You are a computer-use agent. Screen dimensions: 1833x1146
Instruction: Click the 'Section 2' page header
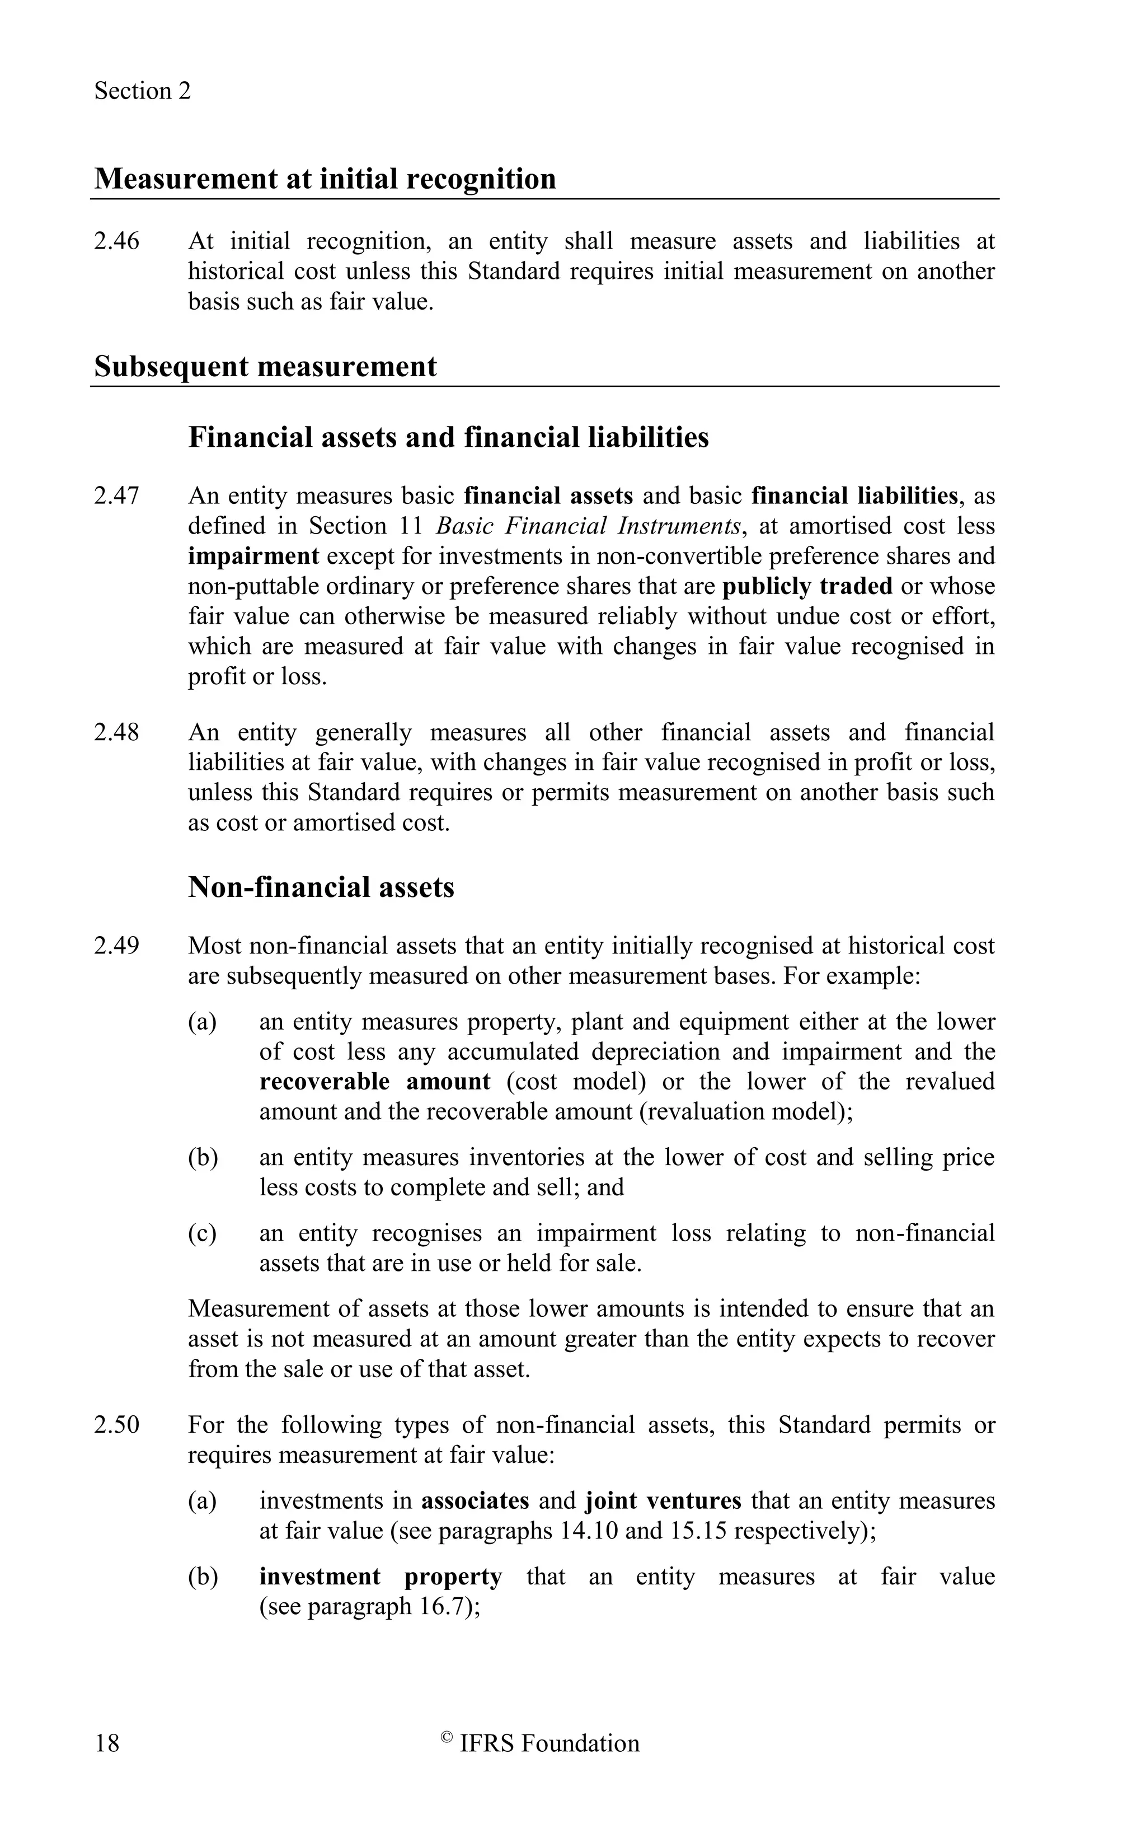[x=143, y=91]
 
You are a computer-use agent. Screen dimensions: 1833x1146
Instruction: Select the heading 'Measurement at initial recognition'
[x=325, y=179]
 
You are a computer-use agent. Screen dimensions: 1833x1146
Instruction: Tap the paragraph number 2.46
[x=117, y=241]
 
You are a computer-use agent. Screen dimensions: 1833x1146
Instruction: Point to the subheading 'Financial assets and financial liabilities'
[x=448, y=438]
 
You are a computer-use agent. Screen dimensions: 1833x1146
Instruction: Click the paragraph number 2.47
[x=117, y=496]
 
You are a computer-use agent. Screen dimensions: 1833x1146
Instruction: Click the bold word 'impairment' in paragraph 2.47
[x=253, y=556]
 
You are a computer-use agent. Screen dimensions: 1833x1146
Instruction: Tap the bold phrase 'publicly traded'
[x=807, y=586]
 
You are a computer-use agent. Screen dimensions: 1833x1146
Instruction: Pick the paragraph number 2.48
[x=117, y=733]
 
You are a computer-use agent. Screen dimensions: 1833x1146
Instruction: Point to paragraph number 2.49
[x=117, y=946]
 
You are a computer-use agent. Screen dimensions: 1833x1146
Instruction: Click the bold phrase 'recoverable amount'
[x=374, y=1082]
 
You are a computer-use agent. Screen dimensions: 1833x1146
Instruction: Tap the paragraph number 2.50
[x=117, y=1425]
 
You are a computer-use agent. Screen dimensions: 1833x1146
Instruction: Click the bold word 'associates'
[x=475, y=1501]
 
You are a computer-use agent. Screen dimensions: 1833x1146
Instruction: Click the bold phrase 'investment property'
[x=381, y=1577]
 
